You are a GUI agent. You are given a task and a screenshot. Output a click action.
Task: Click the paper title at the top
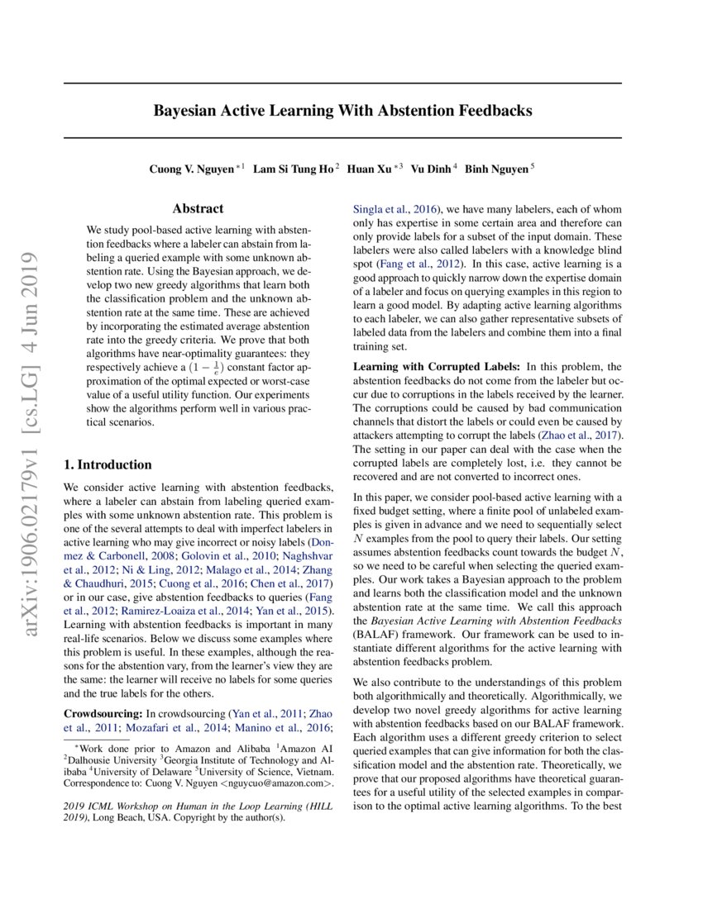[x=342, y=111]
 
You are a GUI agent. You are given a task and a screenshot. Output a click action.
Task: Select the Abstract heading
[x=198, y=209]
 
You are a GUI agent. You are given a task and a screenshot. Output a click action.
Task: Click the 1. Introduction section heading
[x=108, y=464]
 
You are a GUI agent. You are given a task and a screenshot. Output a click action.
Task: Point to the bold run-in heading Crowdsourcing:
[x=103, y=713]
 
